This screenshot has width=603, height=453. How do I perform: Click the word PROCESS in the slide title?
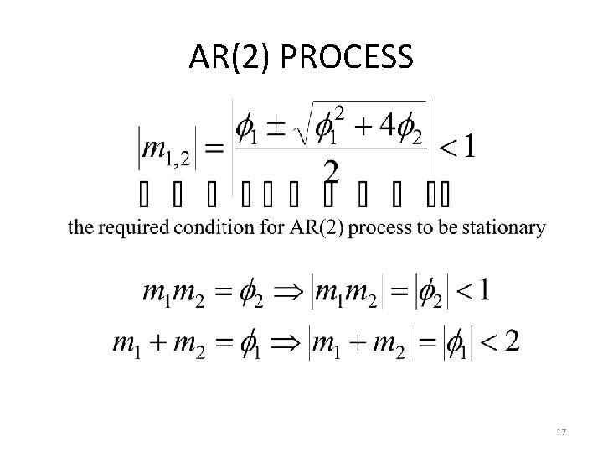(347, 58)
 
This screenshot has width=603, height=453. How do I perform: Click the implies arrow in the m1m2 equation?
(292, 293)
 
